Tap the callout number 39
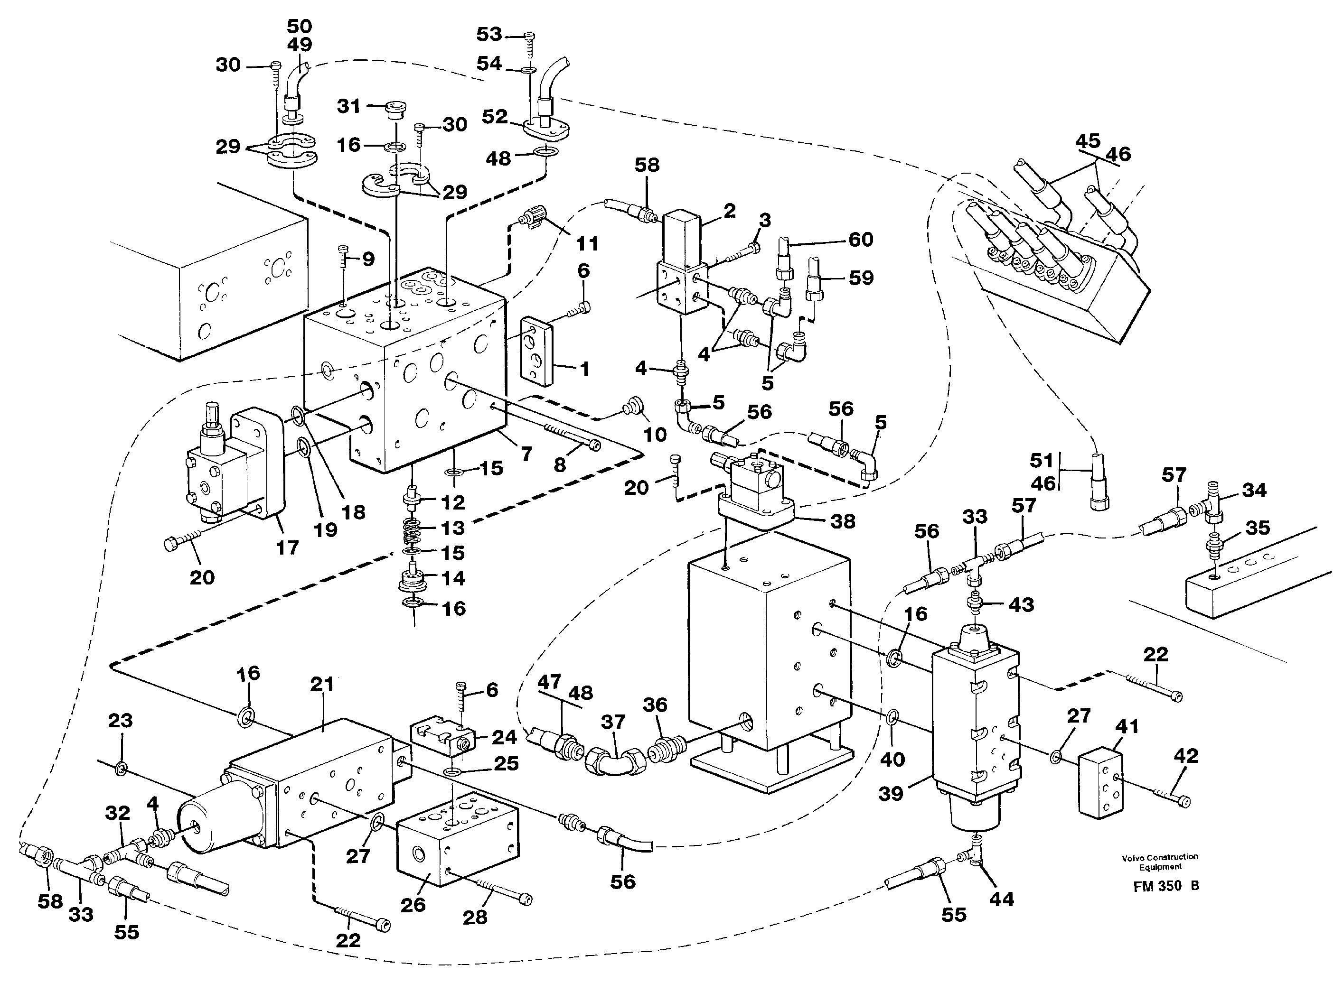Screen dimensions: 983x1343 click(x=891, y=793)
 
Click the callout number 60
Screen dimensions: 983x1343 click(x=860, y=239)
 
